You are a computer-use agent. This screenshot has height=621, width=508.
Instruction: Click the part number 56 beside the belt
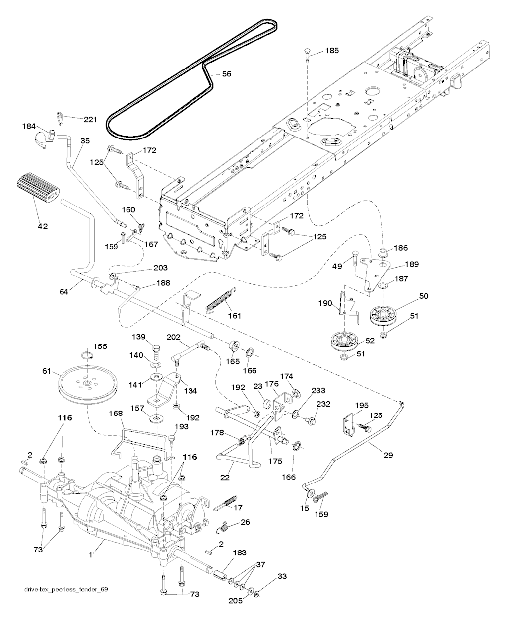coord(226,74)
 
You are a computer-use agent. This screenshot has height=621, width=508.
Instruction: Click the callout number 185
coord(332,51)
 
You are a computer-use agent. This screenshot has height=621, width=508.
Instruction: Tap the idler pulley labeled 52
coord(346,342)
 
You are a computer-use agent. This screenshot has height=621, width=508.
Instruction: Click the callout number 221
coord(90,119)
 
